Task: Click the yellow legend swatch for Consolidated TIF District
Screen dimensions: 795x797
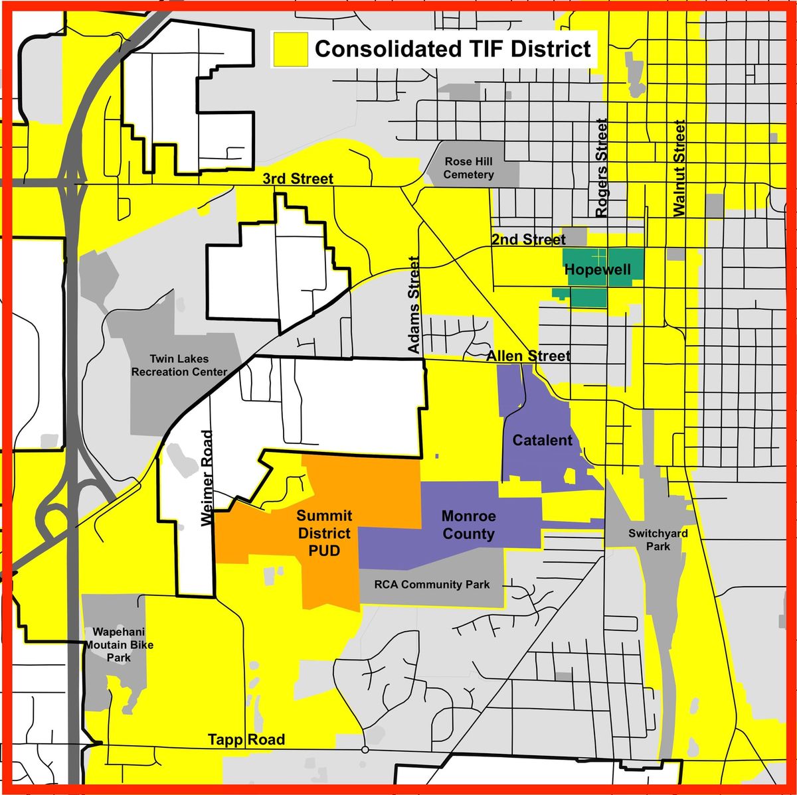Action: (290, 49)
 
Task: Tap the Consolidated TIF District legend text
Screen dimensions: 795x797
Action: (452, 49)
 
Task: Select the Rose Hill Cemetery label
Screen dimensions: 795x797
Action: (469, 168)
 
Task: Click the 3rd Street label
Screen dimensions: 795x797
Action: (298, 179)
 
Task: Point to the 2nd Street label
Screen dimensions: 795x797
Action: (529, 239)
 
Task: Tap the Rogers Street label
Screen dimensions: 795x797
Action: (602, 168)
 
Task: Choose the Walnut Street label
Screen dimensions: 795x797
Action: (678, 168)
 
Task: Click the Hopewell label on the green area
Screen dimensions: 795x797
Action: (596, 270)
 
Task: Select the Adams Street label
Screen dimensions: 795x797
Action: (413, 305)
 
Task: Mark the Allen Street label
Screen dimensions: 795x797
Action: (528, 356)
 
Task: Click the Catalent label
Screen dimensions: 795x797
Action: (542, 440)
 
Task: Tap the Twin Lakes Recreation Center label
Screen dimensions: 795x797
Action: (179, 366)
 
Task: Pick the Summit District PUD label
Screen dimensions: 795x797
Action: (324, 533)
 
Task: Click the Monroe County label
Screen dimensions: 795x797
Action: (468, 525)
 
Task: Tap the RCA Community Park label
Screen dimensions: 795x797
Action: (432, 585)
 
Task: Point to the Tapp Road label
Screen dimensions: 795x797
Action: (246, 739)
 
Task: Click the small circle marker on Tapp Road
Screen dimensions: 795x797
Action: (365, 750)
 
